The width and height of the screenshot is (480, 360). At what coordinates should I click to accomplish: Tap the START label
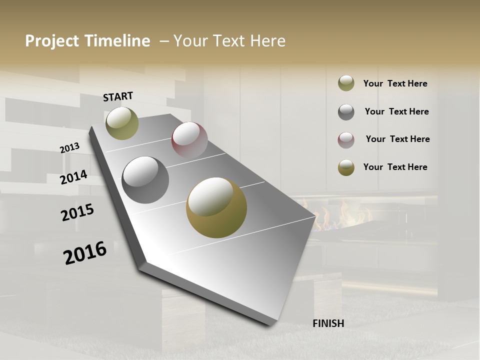(118, 96)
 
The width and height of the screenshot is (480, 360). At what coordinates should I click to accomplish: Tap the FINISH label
(328, 323)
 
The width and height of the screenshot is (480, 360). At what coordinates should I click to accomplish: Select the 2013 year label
(70, 148)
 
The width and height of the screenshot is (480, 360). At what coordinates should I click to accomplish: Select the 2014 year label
(74, 177)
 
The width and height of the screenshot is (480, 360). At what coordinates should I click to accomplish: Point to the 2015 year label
(77, 212)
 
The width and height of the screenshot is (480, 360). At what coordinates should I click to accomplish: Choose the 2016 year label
(85, 253)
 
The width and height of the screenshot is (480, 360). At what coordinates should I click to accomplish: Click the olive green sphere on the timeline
(122, 123)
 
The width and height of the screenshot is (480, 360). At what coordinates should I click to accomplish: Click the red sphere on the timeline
(189, 140)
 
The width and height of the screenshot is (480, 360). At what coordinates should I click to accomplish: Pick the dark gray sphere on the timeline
(145, 180)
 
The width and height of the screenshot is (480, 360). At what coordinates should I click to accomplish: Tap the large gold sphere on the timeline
(216, 207)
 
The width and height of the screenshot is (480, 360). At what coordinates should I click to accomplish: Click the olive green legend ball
(346, 83)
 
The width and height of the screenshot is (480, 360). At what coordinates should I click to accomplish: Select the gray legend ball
(346, 111)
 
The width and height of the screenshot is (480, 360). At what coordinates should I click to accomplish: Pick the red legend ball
(346, 139)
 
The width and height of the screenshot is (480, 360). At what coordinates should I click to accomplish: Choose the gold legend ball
(346, 167)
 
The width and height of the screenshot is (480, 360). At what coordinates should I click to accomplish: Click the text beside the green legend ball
(395, 83)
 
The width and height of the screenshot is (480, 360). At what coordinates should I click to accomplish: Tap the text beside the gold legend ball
(395, 167)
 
